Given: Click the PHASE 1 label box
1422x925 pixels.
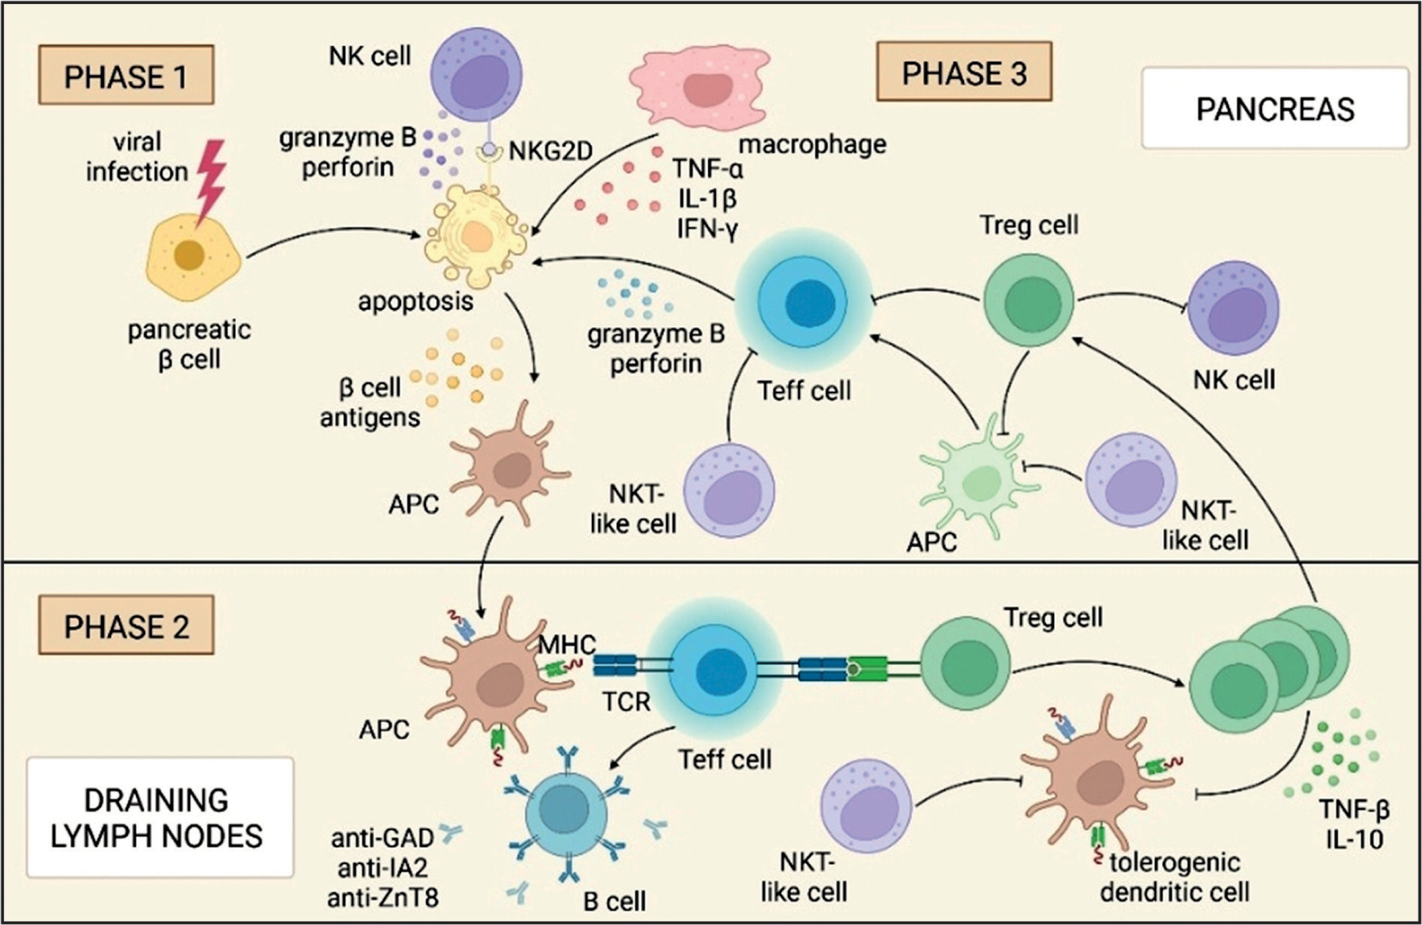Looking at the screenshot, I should [126, 76].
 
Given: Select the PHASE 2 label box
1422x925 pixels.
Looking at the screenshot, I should [126, 626].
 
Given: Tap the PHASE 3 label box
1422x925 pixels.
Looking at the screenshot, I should [963, 72].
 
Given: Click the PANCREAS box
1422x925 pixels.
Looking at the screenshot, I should [1275, 109].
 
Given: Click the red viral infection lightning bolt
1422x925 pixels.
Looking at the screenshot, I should [210, 180].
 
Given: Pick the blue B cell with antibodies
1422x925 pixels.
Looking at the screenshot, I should [565, 811].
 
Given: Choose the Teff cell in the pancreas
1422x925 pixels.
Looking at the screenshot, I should [803, 302].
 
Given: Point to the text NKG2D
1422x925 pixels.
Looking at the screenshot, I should [550, 151].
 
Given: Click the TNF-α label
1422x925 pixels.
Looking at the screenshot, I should [708, 168].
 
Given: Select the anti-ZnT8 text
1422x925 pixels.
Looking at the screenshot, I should [382, 898].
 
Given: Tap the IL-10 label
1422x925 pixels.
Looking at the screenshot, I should [1355, 840].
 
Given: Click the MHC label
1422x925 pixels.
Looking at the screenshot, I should [567, 645].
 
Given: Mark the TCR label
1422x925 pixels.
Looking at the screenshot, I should [626, 702].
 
